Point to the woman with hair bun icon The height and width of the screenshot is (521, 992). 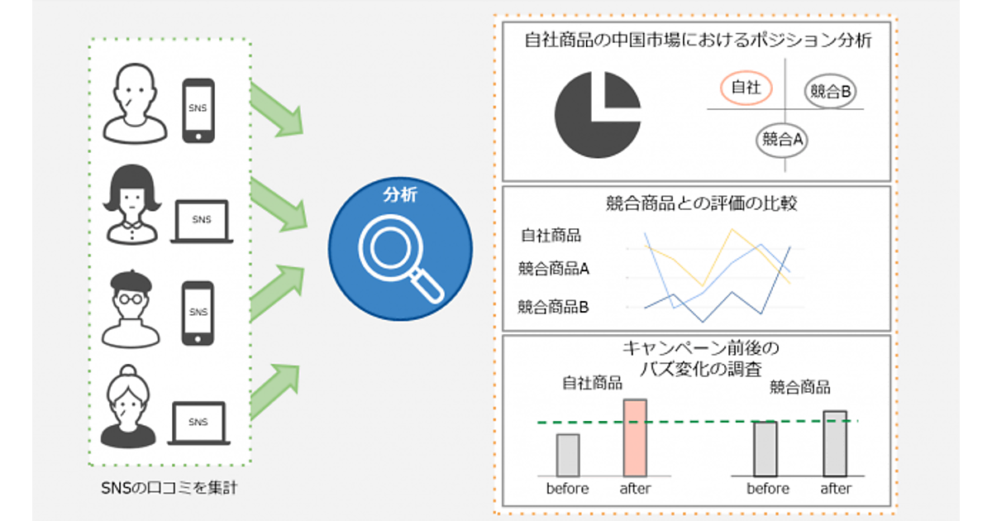point(131,409)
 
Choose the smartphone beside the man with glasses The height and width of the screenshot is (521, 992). point(198,312)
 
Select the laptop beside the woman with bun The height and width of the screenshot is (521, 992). point(198,422)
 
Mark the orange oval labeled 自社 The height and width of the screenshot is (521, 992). point(746,87)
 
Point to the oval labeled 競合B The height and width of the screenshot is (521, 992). point(830,91)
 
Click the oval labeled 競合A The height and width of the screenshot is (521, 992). point(782,139)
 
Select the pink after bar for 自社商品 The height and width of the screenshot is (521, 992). point(635,437)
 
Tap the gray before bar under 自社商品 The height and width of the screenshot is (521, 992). point(568,454)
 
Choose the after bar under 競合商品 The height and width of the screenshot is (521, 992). point(835,442)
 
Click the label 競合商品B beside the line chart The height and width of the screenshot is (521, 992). point(553,307)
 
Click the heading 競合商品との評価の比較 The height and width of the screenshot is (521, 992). point(696,203)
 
